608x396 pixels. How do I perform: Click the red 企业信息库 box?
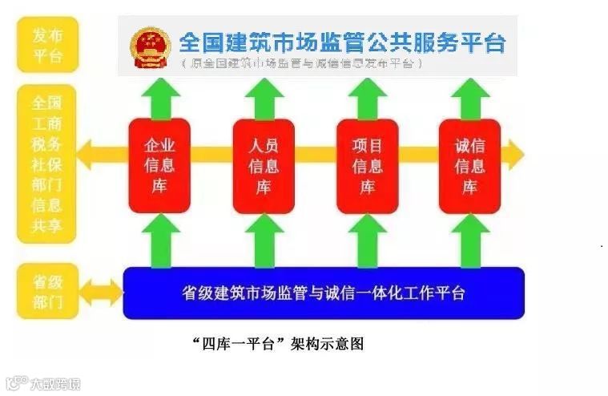tap(159, 166)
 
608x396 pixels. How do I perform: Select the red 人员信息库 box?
tap(264, 166)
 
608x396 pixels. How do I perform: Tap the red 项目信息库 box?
tap(368, 166)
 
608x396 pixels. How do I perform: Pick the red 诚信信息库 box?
tap(470, 166)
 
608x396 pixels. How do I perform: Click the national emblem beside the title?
tap(148, 46)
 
